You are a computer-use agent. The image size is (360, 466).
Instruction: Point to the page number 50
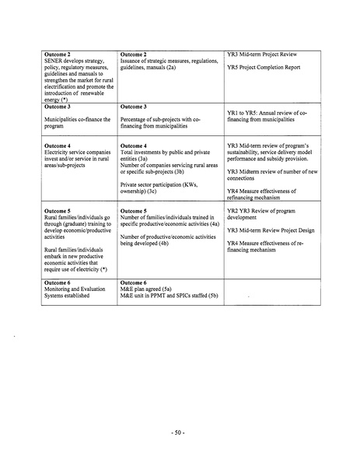[179, 429]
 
